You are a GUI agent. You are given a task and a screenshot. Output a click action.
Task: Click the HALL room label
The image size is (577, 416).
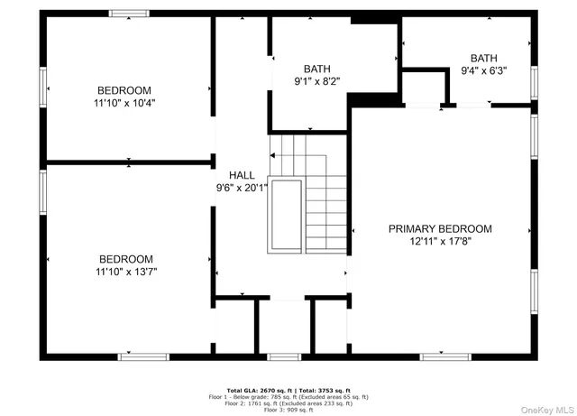click(241, 175)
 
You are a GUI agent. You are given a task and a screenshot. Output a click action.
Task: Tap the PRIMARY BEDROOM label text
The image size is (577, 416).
click(440, 229)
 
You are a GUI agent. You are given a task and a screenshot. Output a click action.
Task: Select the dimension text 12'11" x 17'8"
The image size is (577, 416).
click(440, 242)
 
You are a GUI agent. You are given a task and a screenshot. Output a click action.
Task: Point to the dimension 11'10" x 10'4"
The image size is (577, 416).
click(124, 104)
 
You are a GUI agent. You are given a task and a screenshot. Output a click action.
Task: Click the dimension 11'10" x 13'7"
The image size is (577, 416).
click(124, 272)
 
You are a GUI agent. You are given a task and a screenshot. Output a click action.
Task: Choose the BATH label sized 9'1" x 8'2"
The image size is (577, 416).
click(316, 69)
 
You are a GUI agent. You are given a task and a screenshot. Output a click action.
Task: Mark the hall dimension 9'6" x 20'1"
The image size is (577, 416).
click(241, 189)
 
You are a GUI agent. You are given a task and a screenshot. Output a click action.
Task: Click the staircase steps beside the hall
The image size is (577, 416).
click(325, 208)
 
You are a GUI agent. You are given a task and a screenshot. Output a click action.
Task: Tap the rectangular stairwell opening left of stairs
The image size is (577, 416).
click(288, 215)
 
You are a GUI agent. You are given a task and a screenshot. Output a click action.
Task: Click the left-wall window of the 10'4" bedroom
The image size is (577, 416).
click(41, 88)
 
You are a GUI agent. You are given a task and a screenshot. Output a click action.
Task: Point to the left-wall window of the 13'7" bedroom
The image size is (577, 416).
click(41, 192)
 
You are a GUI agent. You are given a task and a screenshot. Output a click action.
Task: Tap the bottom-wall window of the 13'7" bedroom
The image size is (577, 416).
click(143, 356)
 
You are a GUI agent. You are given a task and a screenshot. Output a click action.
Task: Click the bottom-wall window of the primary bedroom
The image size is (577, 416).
click(445, 356)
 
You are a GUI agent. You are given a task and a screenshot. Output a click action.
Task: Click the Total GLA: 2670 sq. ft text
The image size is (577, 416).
click(261, 389)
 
